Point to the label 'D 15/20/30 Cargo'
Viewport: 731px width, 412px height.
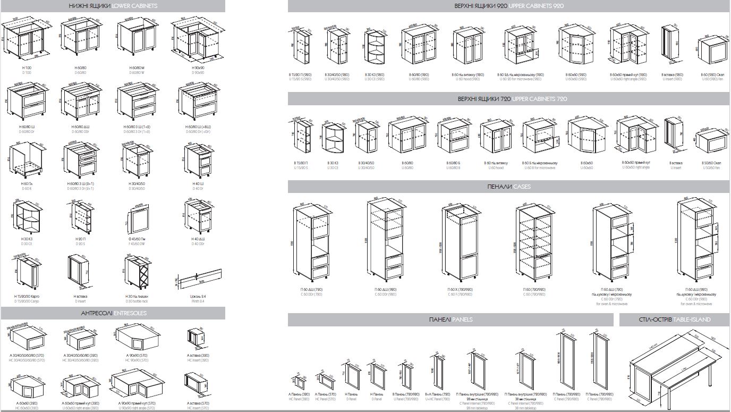[27, 301]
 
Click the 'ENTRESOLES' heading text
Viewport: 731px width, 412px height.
[130, 314]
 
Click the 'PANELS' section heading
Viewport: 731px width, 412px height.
[462, 319]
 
